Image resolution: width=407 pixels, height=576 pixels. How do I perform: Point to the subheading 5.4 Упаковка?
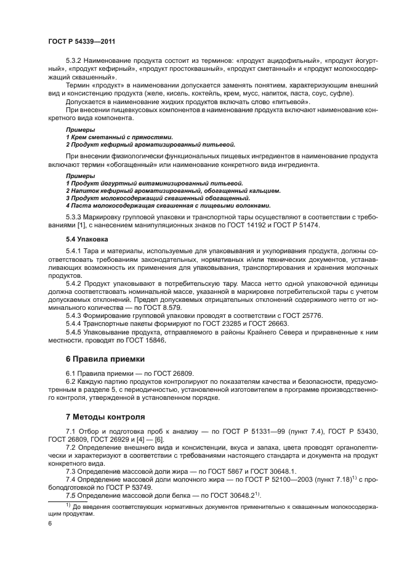tap(87, 238)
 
